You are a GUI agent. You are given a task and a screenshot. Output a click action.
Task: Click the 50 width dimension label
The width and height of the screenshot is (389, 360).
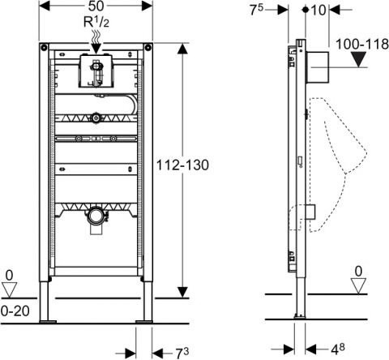pos(96,6)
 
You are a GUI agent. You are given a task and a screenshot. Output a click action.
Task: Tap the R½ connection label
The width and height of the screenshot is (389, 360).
pos(96,22)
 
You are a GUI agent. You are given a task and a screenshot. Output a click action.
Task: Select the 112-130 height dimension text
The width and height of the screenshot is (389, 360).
pos(182,165)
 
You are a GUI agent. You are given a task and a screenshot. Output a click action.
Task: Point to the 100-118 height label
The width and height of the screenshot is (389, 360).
pos(362,44)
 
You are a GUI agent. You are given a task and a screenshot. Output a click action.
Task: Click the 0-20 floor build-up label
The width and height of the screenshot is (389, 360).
pos(15,311)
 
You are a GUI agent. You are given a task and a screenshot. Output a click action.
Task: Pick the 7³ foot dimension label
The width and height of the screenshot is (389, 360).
pos(182,353)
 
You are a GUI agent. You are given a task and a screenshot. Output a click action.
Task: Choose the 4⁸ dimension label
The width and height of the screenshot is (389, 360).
pos(338,349)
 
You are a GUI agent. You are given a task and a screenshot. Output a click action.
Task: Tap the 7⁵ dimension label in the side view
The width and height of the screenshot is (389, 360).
pos(256,10)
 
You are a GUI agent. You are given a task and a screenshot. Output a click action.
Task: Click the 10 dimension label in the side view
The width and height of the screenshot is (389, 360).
pos(318,11)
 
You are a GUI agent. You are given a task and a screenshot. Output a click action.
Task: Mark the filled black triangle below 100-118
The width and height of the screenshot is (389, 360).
pos(359,59)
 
